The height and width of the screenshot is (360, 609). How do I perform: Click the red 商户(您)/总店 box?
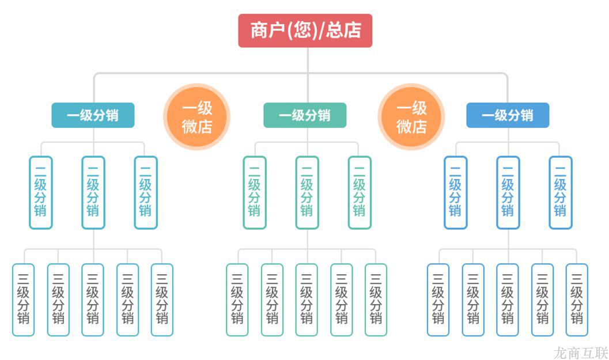(305, 31)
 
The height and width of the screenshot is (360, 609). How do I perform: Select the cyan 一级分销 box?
(93, 115)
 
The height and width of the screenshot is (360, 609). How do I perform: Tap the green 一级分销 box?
(305, 115)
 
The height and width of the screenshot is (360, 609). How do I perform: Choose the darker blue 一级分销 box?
(508, 115)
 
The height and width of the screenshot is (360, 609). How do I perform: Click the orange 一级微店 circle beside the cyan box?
(197, 117)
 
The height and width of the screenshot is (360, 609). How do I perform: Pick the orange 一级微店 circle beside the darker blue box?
(411, 117)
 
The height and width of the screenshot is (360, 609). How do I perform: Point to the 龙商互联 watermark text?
(580, 352)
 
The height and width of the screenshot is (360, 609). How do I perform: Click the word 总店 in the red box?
(343, 31)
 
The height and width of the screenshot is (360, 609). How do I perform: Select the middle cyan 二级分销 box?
(93, 192)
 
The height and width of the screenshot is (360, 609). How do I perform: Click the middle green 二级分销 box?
(307, 192)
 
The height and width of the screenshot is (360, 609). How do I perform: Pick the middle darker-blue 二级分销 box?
(508, 192)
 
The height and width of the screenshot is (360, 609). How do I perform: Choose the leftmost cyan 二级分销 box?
(41, 192)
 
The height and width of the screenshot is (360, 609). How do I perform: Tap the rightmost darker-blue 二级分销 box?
(560, 192)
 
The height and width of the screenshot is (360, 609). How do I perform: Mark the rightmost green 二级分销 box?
(360, 192)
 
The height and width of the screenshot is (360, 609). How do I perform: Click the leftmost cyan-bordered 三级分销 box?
(24, 300)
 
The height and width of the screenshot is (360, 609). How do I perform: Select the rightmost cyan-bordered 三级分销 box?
(162, 300)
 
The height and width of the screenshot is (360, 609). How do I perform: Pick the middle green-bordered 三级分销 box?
(307, 300)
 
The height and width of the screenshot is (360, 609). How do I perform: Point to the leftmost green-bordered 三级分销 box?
(237, 300)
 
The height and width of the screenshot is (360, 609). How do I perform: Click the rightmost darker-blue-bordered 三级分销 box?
(577, 300)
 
